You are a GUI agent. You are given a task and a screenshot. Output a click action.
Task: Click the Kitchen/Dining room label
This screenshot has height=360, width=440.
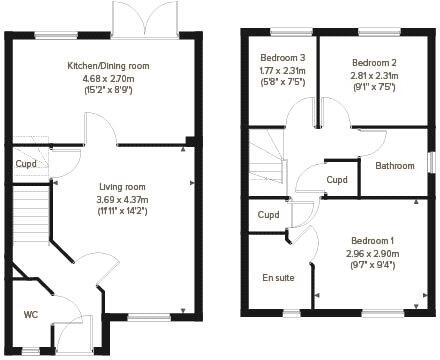tap(108, 66)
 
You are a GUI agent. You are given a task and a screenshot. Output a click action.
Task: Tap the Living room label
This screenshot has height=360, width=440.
tap(122, 186)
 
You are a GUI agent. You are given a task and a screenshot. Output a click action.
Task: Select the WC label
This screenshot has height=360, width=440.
tap(31, 314)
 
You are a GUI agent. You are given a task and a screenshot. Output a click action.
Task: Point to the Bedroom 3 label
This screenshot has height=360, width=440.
tap(283, 58)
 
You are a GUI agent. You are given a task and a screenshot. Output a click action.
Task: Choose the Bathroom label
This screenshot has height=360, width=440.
tap(394, 166)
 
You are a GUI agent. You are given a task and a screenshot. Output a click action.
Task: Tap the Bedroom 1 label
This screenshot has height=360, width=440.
tap(372, 241)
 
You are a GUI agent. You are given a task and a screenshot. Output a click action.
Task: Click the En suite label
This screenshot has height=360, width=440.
tap(278, 277)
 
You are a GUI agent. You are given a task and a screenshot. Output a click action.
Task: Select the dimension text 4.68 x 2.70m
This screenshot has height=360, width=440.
tap(108, 78)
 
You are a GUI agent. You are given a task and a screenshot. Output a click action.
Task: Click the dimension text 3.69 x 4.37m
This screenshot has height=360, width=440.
tap(122, 198)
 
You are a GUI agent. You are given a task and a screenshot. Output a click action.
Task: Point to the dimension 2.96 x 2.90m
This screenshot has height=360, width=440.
tap(372, 253)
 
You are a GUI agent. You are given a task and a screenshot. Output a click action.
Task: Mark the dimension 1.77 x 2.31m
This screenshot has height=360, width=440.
tap(283, 70)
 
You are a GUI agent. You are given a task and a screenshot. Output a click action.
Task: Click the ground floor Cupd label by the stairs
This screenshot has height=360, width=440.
tap(26, 163)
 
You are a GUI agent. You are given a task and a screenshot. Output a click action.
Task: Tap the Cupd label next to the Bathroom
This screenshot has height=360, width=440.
tap(337, 180)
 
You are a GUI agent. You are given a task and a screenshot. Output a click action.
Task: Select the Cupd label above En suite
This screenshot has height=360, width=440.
tap(268, 214)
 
